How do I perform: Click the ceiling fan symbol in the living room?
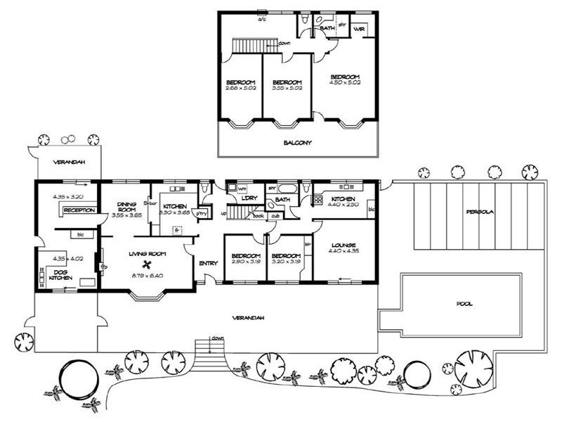(x=148, y=264)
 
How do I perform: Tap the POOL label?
(x=464, y=304)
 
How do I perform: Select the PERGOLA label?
(x=480, y=212)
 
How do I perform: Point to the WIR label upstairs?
(x=359, y=30)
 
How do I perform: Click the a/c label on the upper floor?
(x=262, y=20)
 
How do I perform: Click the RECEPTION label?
(x=79, y=210)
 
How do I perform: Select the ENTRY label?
(x=208, y=263)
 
